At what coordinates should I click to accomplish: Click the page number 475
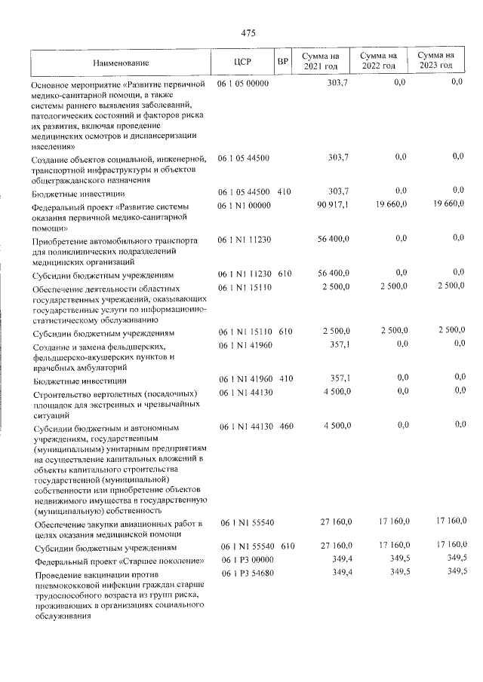248,32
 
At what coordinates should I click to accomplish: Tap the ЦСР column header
242,62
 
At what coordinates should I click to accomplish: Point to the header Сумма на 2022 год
379,61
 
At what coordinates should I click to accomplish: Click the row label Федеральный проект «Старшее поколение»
118,561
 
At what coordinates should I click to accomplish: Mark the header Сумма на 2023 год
437,61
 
